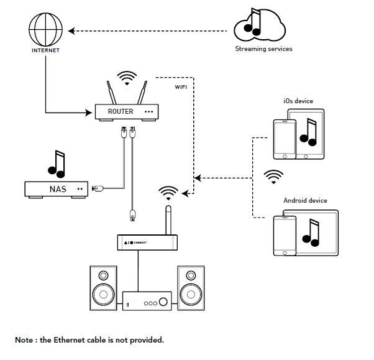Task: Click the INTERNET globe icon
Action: (45, 30)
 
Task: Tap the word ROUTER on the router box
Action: (121, 111)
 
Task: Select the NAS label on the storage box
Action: (58, 189)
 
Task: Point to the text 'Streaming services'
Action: (263, 48)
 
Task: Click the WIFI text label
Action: (181, 87)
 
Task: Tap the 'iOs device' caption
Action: (298, 101)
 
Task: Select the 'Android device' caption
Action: (305, 200)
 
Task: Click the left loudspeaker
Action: (103, 288)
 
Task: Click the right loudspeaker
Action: (191, 288)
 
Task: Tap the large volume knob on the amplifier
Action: (163, 302)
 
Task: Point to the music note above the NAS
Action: (57, 164)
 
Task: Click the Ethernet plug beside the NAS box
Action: (98, 188)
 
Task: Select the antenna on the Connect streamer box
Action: (168, 220)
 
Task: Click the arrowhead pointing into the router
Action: (88, 113)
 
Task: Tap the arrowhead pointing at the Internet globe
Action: (71, 31)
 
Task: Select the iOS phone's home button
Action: (285, 157)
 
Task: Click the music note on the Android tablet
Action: (311, 233)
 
